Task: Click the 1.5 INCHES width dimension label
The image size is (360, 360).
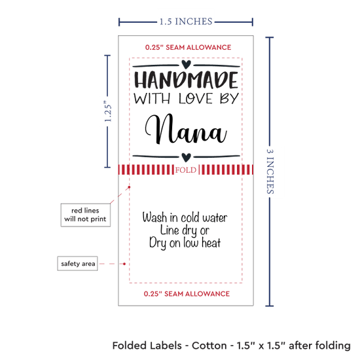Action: click(186, 22)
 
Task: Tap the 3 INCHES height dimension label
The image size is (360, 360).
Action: click(270, 171)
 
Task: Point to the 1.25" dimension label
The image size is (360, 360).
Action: click(108, 111)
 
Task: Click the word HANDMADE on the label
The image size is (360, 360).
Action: click(186, 80)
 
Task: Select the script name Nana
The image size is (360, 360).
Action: click(186, 129)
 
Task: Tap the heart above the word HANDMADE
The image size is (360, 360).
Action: click(186, 64)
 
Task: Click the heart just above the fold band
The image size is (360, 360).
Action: click(186, 157)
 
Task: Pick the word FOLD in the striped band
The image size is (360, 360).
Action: click(186, 170)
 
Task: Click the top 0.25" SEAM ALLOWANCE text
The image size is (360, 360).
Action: click(188, 48)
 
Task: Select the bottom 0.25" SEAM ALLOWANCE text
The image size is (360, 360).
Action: click(187, 294)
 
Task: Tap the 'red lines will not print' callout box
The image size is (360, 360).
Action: click(85, 215)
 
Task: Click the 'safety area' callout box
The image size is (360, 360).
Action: click(78, 263)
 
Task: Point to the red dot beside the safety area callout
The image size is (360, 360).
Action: click(124, 264)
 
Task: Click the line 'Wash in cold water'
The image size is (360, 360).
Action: click(185, 217)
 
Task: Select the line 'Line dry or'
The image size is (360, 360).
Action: click(185, 230)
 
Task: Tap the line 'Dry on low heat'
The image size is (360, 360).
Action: click(185, 243)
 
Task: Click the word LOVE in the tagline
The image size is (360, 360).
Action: click(196, 99)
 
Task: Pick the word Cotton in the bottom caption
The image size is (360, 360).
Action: click(209, 346)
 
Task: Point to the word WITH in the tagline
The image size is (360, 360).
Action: click(152, 99)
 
